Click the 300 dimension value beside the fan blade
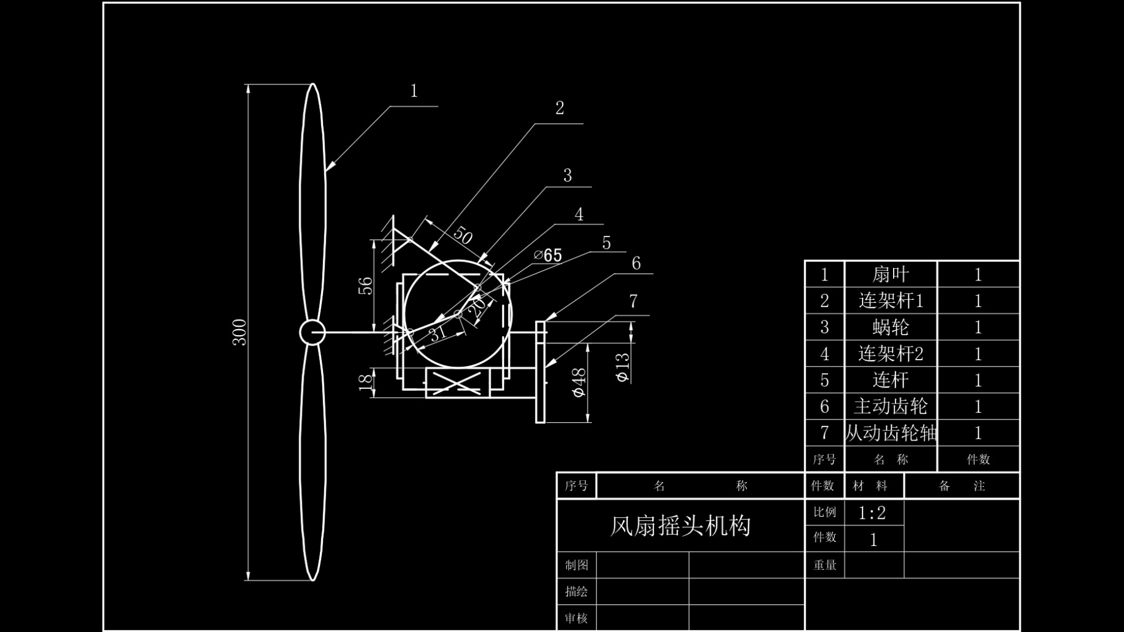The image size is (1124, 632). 240,332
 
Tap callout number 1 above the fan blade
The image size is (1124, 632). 414,91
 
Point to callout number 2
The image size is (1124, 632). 560,108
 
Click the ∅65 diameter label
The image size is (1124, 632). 548,255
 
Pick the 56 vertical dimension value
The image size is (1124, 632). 365,286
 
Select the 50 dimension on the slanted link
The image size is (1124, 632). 462,235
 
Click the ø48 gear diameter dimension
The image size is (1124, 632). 578,382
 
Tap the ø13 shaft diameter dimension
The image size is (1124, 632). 622,367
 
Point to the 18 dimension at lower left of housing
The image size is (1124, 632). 365,381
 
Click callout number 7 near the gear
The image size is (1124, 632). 633,301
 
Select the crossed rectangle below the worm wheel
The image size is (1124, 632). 458,383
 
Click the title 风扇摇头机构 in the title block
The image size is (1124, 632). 680,526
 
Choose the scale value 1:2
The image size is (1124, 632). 872,513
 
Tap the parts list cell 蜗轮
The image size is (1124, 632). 890,327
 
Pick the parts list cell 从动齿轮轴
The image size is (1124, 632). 891,433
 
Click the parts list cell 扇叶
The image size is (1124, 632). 890,274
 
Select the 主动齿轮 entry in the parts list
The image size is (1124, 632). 891,406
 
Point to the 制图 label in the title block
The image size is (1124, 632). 577,565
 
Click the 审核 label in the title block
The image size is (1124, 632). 577,619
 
